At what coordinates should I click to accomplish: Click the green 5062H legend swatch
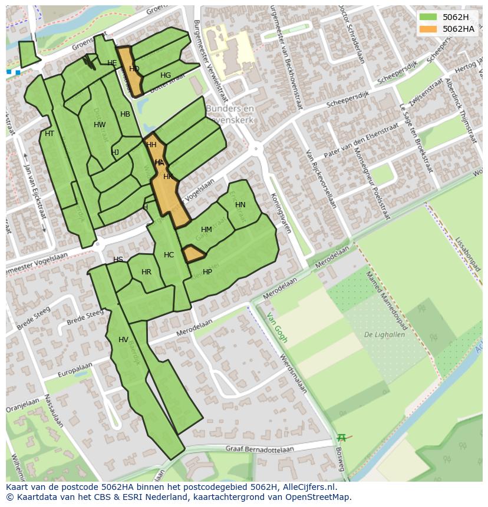[x=428, y=17]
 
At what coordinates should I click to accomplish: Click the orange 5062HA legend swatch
[x=428, y=29]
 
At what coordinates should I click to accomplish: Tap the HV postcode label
[x=123, y=340]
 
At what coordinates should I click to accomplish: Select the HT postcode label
[x=50, y=134]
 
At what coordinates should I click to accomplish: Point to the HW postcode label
[x=100, y=125]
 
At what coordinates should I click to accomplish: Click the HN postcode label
[x=240, y=205]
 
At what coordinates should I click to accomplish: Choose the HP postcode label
[x=207, y=272]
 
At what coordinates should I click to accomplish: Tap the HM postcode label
[x=206, y=230]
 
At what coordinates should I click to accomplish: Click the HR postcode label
[x=146, y=272]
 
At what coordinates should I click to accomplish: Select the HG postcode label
[x=166, y=75]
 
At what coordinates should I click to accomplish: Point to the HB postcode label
[x=125, y=114]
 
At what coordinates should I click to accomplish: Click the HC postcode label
[x=169, y=255]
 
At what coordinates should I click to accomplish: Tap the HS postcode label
[x=118, y=260]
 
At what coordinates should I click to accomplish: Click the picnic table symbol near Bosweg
[x=341, y=438]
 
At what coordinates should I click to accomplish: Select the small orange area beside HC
[x=193, y=254]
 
